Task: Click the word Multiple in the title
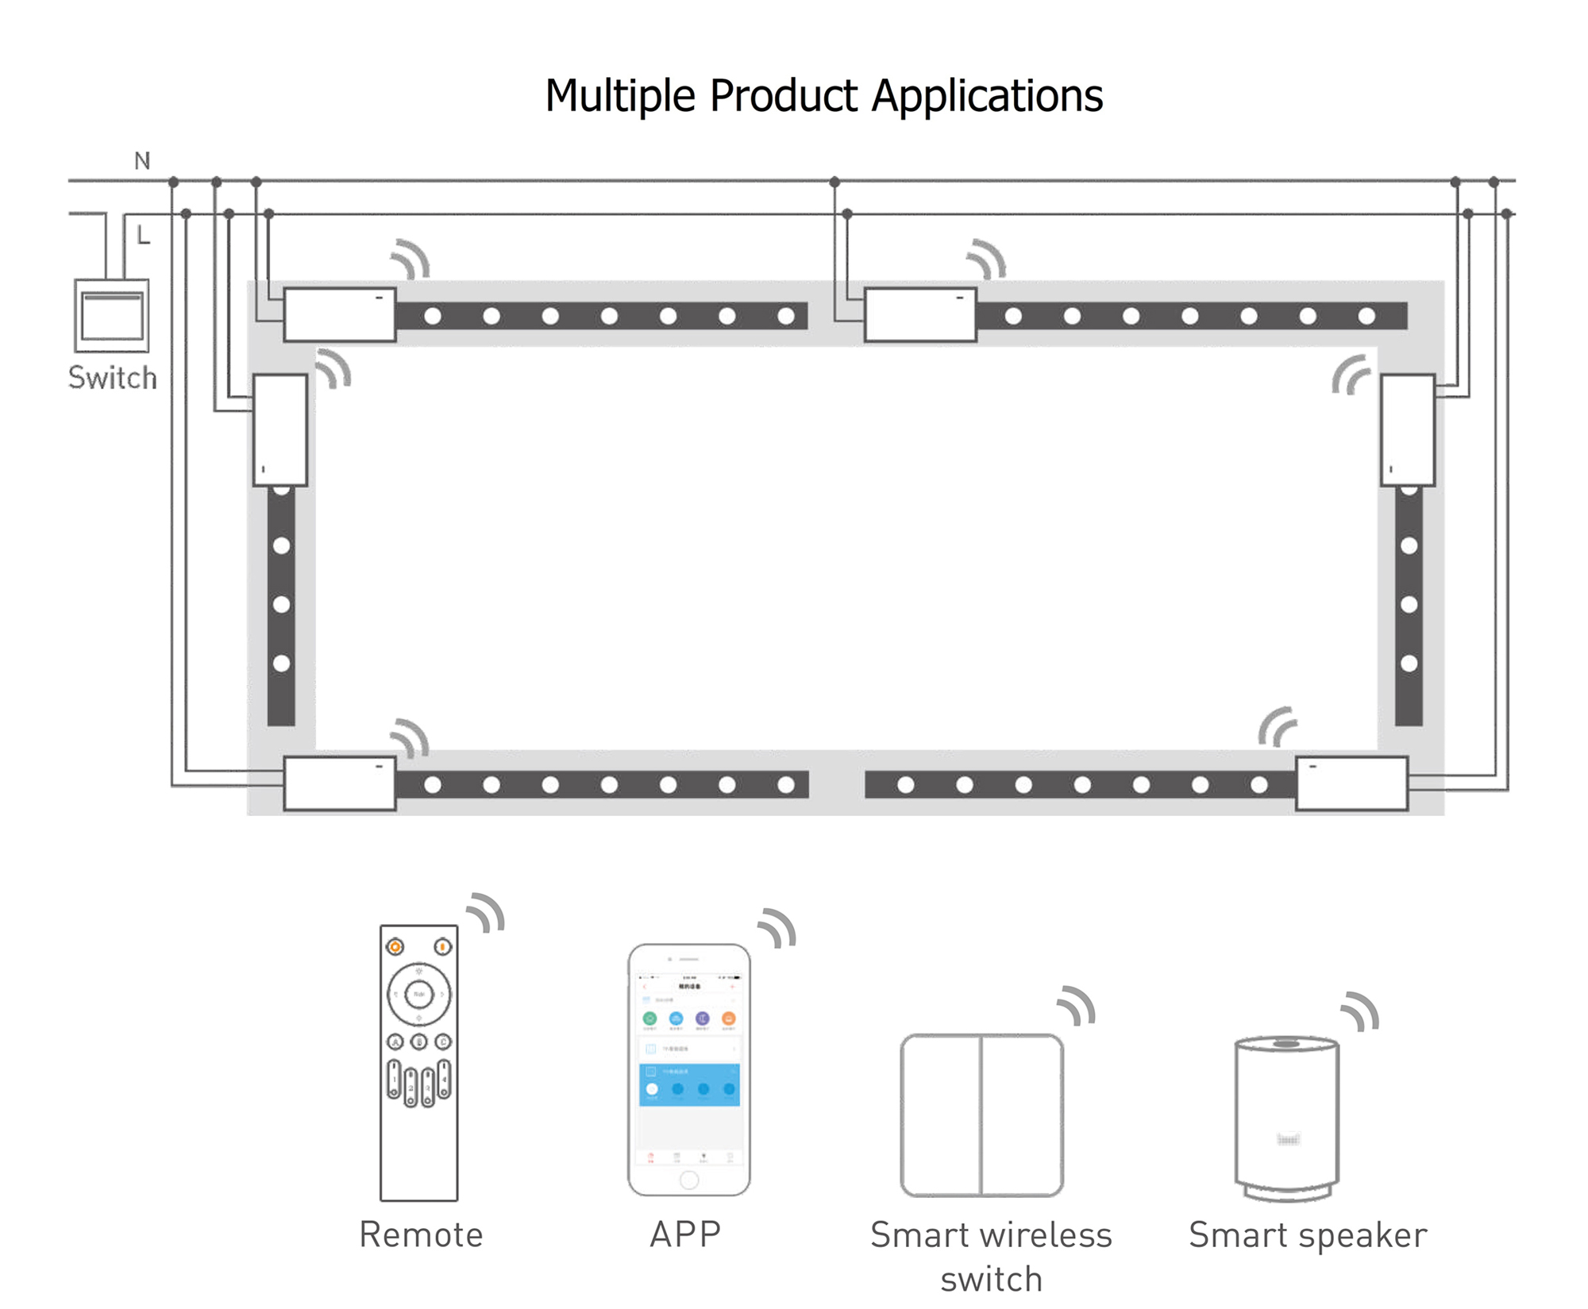[x=620, y=97]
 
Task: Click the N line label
[x=142, y=161]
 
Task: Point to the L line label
[x=143, y=235]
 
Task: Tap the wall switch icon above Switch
[x=112, y=315]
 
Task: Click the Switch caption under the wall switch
[x=112, y=378]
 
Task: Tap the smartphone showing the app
[x=688, y=1069]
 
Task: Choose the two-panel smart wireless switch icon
[x=981, y=1115]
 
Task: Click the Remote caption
[x=421, y=1235]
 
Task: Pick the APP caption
[x=685, y=1235]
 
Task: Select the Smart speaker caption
[x=1308, y=1235]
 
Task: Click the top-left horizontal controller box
[x=340, y=315]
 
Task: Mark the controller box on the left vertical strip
[x=280, y=429]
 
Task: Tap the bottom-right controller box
[x=1351, y=783]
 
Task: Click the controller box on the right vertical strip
[x=1408, y=429]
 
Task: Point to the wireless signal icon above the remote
[x=487, y=912]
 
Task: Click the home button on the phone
[x=689, y=1180]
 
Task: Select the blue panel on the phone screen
[x=689, y=1085]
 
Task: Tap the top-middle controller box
[x=920, y=315]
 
